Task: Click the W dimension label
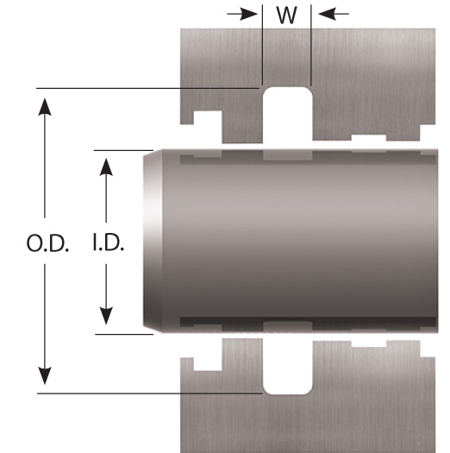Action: [286, 15]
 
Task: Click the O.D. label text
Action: [47, 243]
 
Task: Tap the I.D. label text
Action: [109, 242]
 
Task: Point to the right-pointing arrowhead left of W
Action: [248, 14]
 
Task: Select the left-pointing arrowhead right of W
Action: [328, 14]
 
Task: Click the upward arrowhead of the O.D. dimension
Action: [45, 107]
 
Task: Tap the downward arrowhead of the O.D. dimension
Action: [45, 375]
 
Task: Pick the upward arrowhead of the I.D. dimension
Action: [106, 167]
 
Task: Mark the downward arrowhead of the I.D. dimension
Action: [106, 316]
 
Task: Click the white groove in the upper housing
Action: [287, 115]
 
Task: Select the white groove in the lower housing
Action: [287, 367]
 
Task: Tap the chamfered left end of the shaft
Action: [153, 242]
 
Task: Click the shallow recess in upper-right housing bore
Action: [369, 138]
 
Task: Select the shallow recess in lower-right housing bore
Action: [369, 343]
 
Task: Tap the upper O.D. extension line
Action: [147, 88]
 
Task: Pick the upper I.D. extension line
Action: [123, 150]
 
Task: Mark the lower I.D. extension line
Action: [124, 334]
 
